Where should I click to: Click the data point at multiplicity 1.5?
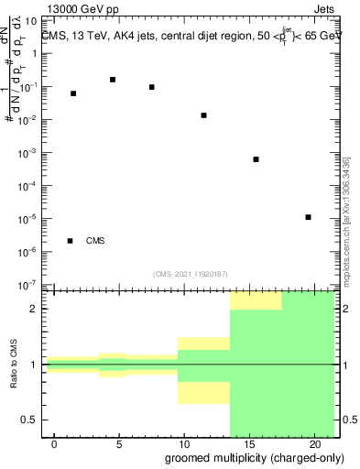73,93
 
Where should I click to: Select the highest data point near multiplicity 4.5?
112,80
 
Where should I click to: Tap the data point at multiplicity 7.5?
151,87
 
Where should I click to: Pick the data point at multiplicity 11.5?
203,115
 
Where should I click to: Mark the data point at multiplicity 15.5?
256,159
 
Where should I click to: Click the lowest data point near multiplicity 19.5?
309,217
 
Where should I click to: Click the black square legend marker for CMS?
71,241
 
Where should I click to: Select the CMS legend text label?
95,241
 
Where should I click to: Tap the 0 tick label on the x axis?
54,443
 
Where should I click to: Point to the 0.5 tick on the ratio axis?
32,420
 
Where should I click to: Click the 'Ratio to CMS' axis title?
15,364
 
